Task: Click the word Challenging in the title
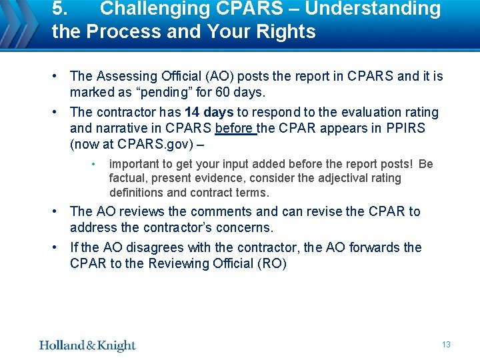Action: coord(157,9)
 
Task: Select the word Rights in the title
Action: coord(285,32)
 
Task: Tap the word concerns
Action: coord(245,227)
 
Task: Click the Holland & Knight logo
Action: coord(87,345)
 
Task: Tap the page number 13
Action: coord(446,344)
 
